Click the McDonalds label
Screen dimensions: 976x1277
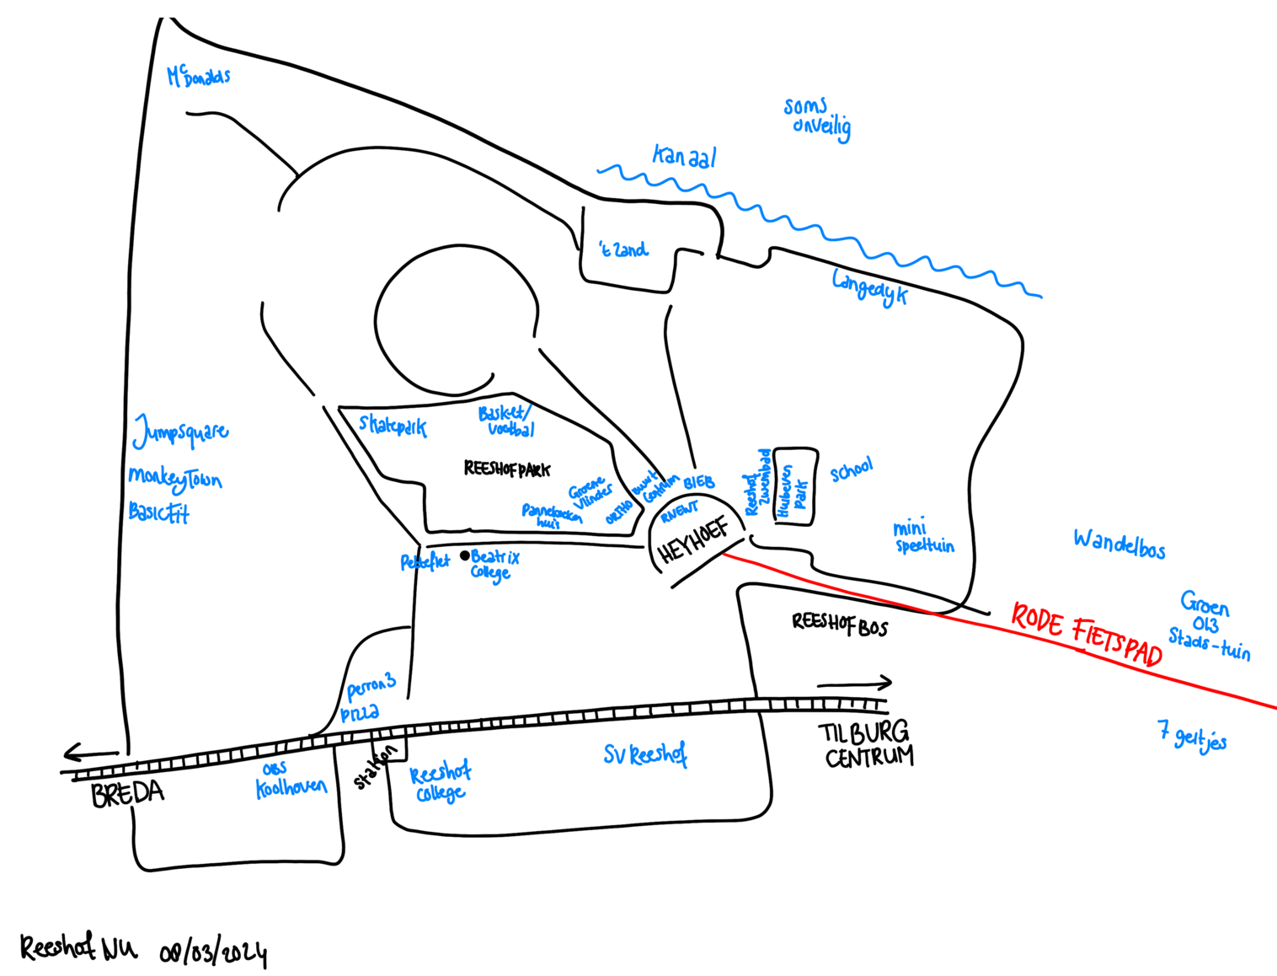coord(199,76)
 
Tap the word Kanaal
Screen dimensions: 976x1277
coord(684,157)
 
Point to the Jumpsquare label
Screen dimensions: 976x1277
coord(180,432)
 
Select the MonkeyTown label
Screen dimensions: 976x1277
coord(175,479)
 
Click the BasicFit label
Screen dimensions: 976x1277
coord(158,512)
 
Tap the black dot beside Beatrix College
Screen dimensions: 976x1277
coord(464,555)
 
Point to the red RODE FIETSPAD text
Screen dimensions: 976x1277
coord(1086,634)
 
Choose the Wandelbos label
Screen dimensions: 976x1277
coord(1119,544)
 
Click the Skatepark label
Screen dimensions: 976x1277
coord(393,425)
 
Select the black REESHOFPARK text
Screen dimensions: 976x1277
coord(506,469)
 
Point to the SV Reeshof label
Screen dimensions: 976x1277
coord(645,754)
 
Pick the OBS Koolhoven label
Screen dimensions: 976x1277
coord(290,781)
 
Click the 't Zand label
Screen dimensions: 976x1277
coord(623,249)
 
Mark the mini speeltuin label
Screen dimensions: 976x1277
coord(923,537)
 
